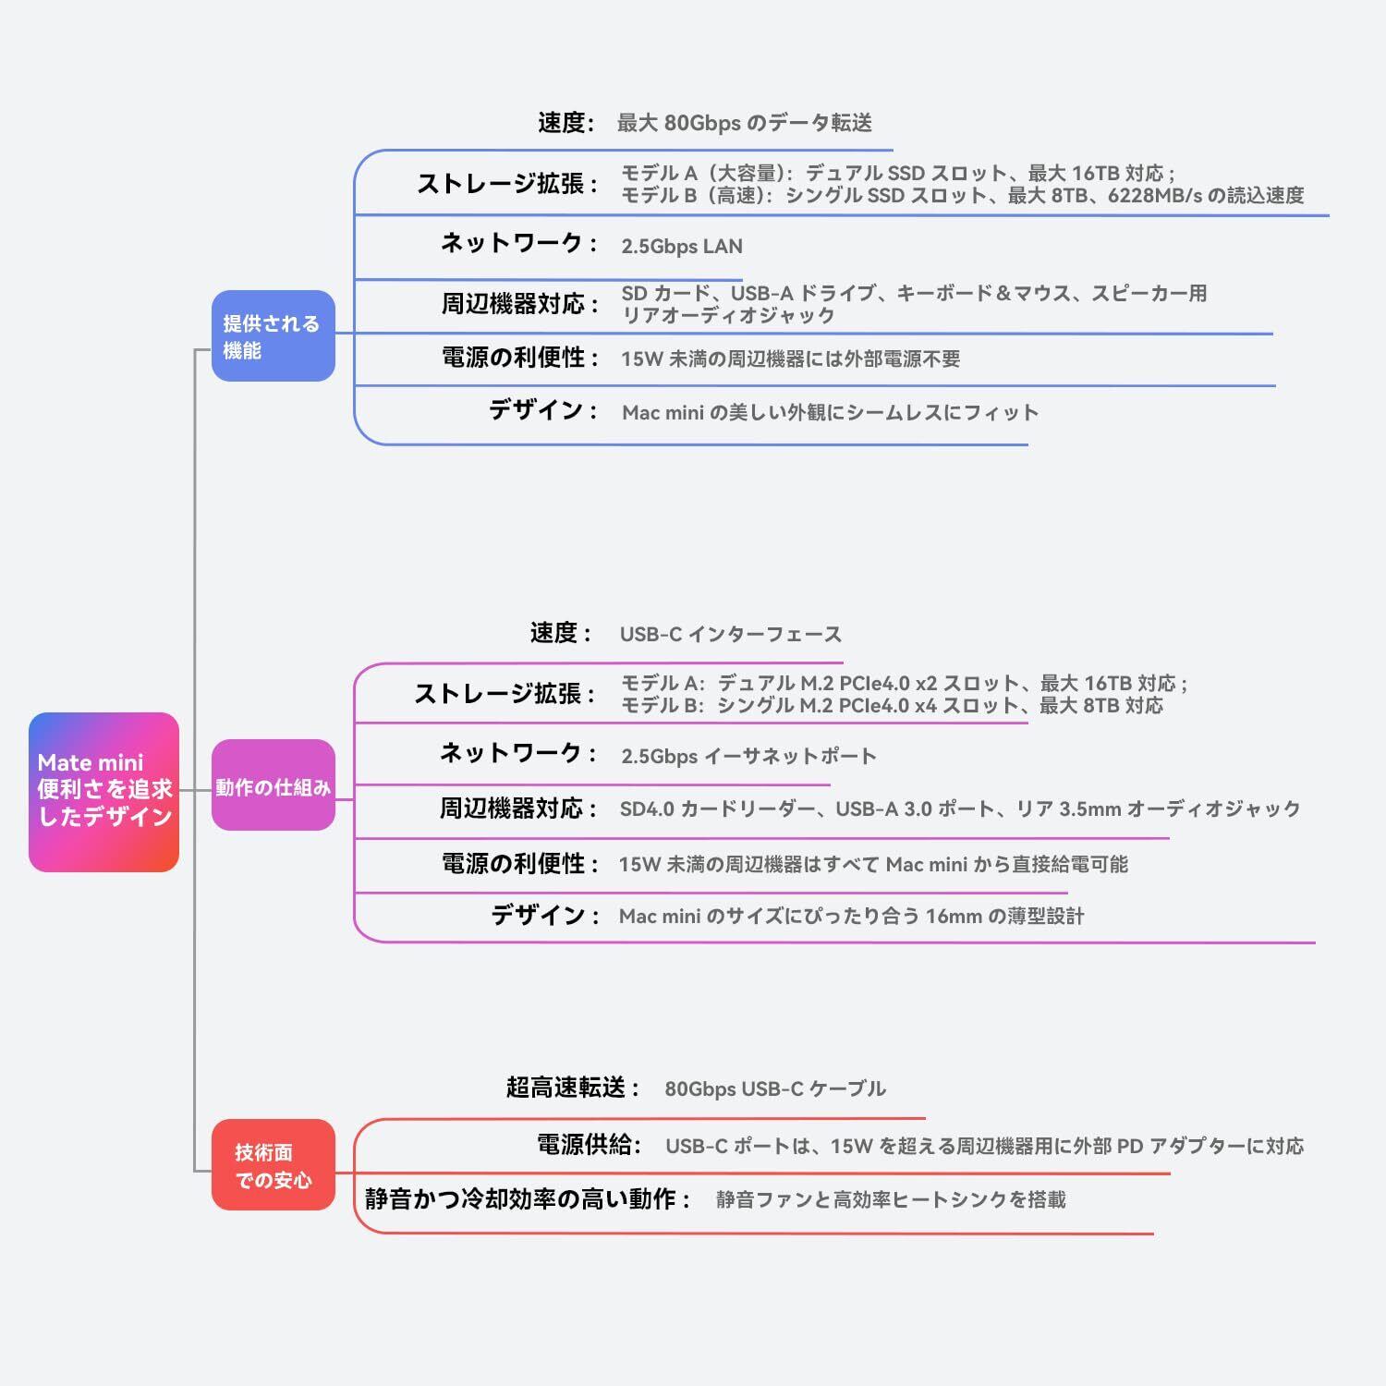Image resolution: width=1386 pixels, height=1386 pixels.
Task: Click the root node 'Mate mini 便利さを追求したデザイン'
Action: (103, 792)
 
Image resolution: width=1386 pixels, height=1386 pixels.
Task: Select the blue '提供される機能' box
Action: (274, 335)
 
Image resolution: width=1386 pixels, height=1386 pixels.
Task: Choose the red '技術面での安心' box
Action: (274, 1164)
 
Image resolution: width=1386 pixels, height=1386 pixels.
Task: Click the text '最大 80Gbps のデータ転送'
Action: (745, 123)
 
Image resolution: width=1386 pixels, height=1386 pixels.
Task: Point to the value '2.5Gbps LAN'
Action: (682, 246)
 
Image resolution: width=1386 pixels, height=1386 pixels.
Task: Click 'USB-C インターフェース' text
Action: (731, 634)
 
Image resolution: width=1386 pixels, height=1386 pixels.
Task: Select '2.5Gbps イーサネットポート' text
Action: (748, 756)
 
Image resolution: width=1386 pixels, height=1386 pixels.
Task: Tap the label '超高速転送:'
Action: (573, 1088)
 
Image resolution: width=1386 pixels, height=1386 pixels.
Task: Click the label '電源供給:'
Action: (590, 1145)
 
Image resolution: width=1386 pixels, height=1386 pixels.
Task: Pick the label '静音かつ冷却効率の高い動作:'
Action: (528, 1198)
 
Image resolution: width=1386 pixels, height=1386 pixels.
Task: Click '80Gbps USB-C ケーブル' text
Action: (775, 1088)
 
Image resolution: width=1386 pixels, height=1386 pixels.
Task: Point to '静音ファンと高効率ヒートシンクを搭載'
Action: (891, 1199)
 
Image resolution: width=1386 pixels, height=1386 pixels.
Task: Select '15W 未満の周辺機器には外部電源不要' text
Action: (791, 359)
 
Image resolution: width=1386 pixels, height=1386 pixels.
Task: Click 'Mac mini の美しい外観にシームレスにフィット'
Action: (831, 412)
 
